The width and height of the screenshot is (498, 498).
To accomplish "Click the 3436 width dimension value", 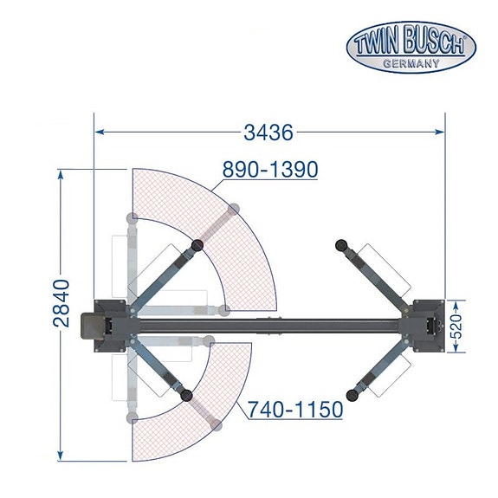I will tap(269, 133).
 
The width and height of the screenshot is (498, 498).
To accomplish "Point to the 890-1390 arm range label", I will tap(270, 170).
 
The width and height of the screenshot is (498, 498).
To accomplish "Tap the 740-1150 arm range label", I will tap(295, 408).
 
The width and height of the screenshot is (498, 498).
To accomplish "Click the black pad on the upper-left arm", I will tap(197, 245).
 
